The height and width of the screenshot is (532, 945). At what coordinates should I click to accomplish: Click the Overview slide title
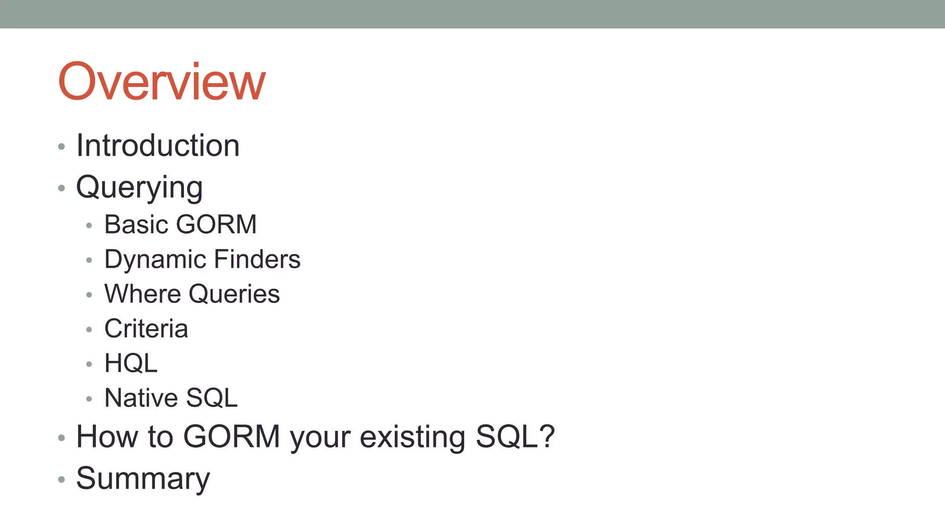coord(161,82)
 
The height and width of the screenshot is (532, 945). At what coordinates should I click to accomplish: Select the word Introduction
coord(158,146)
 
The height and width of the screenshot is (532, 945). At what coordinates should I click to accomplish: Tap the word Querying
coord(139,188)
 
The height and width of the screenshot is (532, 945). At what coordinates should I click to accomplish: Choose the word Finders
coord(257,260)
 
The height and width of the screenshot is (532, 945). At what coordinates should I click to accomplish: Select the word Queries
coord(234,294)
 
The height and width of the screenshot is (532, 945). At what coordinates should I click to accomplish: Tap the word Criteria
coord(146,329)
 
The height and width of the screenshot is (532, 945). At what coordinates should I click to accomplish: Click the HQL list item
coord(131,363)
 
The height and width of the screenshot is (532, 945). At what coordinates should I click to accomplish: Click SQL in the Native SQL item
coord(212,398)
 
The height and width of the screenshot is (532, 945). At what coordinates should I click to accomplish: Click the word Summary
coord(143,479)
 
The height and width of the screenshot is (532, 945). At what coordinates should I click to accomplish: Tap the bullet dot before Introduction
coord(61,147)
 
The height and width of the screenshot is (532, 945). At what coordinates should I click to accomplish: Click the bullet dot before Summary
coord(61,480)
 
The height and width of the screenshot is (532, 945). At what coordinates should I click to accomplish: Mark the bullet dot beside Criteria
coord(89,330)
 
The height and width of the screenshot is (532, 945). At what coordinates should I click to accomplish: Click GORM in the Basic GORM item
coord(216,225)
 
